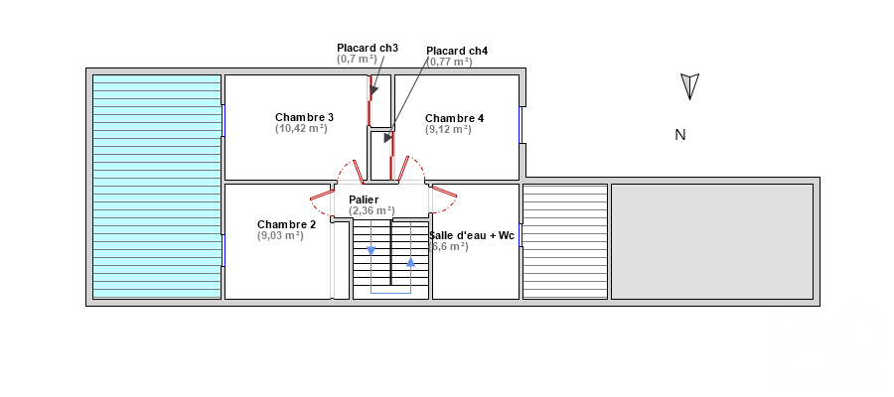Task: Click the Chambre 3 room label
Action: point(305,117)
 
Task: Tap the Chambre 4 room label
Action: point(454,118)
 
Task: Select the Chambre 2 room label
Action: point(286,224)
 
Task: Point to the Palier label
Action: point(364,199)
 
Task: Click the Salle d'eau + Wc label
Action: point(472,235)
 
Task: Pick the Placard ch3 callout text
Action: point(368,48)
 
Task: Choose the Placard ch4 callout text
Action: point(457,51)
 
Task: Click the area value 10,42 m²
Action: point(301,128)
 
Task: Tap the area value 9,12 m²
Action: point(448,129)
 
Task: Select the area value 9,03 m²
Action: point(280,235)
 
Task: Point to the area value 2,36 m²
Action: point(372,210)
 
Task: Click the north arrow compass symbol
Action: point(690,86)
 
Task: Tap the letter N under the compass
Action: point(680,135)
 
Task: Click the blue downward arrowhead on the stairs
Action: point(372,251)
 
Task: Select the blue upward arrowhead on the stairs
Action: point(410,261)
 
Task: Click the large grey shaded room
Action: point(712,241)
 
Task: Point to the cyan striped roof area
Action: point(157,187)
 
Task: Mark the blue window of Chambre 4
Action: point(521,125)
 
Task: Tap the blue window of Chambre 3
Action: point(223,120)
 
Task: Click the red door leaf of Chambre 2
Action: point(322,196)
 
